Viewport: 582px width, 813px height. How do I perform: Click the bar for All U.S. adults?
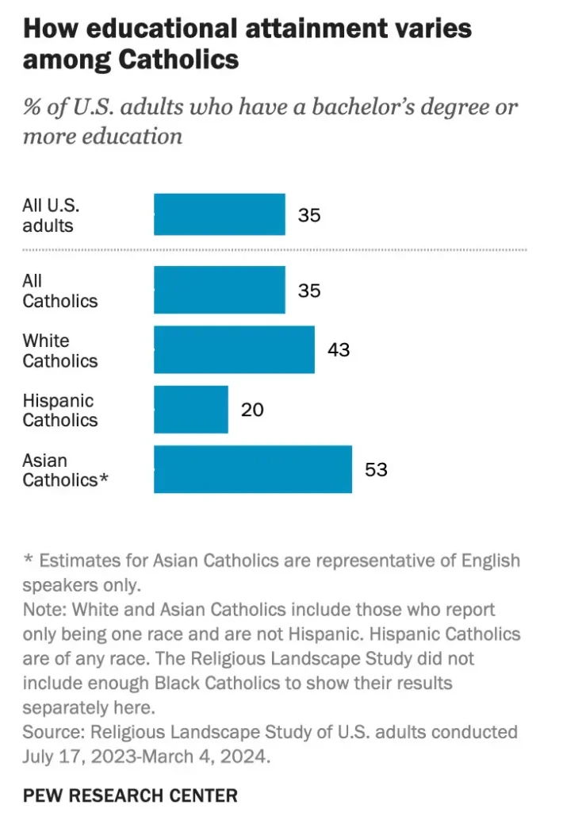[219, 214]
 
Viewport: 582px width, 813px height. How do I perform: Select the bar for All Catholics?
[219, 290]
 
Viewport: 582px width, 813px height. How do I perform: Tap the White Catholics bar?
[234, 349]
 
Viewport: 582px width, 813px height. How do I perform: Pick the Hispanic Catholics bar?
[190, 410]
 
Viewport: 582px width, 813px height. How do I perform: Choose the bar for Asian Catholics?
[252, 469]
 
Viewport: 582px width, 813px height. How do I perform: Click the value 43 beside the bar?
[339, 349]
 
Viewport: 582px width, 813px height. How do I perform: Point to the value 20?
[252, 410]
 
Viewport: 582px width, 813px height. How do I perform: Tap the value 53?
[376, 469]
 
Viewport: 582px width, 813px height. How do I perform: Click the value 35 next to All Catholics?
[309, 291]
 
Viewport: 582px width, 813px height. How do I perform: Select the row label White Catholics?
[59, 350]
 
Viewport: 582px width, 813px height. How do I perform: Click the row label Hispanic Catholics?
[59, 410]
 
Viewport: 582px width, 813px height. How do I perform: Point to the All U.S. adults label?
[51, 215]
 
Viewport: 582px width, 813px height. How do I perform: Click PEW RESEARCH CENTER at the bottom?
[130, 795]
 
